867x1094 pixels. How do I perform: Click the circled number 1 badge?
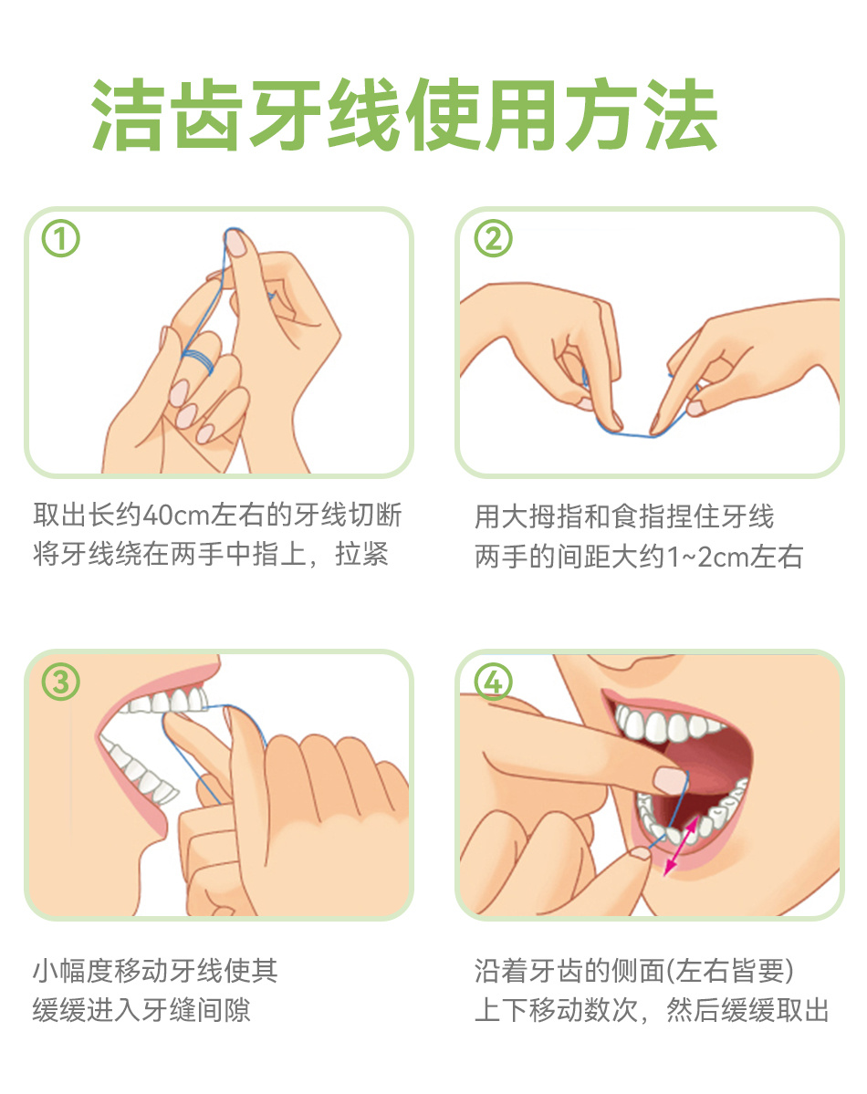tap(61, 239)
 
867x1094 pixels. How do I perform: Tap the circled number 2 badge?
tap(493, 239)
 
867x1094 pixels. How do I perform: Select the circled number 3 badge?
tap(61, 682)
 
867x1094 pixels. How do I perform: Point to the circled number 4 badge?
tap(493, 682)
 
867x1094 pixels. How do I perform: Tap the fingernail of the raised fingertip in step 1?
tap(236, 243)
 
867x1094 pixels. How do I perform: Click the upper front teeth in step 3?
tap(168, 701)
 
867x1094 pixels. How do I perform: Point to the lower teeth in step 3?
tap(138, 769)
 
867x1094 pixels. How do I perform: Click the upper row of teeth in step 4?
tap(666, 724)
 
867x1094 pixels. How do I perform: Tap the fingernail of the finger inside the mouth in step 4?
tap(670, 779)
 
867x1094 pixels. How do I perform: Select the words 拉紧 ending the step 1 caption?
tap(361, 554)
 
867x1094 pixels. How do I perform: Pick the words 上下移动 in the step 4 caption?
tap(528, 1009)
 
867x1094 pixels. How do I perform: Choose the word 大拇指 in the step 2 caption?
tap(542, 517)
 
